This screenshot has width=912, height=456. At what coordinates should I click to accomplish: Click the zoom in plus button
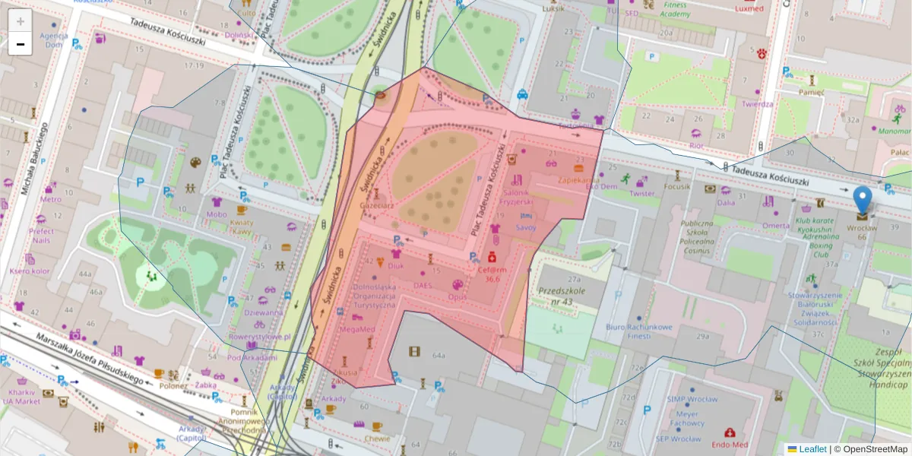tap(20, 21)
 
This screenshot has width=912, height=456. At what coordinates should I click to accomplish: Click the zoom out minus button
tap(20, 44)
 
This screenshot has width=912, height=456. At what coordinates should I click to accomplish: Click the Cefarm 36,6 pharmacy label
tap(492, 274)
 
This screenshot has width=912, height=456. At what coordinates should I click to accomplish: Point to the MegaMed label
tap(356, 329)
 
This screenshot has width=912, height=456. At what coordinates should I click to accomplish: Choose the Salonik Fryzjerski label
tap(517, 197)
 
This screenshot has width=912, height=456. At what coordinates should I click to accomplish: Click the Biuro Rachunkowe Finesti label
tap(638, 331)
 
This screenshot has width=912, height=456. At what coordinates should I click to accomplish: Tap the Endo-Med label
tap(730, 445)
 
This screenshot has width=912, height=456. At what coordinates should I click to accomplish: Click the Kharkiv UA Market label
tap(21, 396)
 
